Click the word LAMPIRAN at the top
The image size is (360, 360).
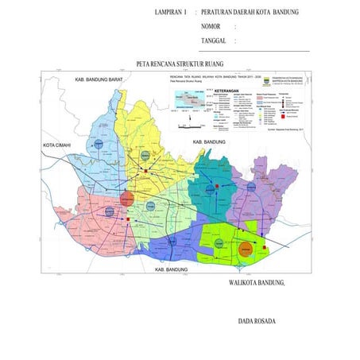pyautogui.click(x=171, y=14)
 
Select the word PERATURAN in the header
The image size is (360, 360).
pyautogui.click(x=221, y=14)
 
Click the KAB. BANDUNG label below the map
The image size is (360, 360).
pyautogui.click(x=170, y=270)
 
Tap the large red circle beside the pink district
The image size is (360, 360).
pyautogui.click(x=128, y=198)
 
